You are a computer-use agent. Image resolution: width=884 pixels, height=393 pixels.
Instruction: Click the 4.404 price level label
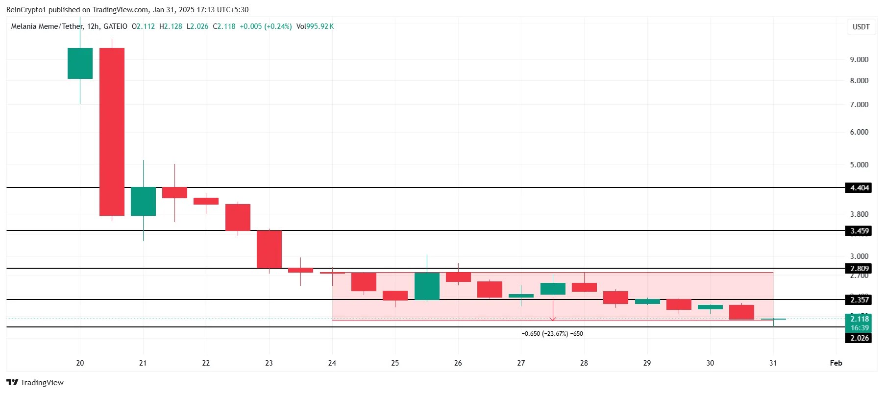point(859,188)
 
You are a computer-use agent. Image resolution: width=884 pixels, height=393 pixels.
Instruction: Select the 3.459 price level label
point(859,231)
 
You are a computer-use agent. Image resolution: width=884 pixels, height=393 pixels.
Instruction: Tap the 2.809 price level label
point(859,269)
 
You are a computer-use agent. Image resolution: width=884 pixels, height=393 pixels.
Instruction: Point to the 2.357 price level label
point(859,300)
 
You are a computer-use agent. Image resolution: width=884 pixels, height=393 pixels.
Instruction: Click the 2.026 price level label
point(859,338)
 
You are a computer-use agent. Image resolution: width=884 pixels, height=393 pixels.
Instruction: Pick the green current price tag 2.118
point(859,319)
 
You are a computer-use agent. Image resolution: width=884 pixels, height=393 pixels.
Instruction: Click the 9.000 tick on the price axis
point(859,60)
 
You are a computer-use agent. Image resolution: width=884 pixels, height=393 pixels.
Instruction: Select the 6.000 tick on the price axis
point(859,132)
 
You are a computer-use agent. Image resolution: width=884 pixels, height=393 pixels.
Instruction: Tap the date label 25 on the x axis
point(395,363)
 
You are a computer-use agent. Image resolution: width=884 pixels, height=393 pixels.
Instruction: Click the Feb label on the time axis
point(836,363)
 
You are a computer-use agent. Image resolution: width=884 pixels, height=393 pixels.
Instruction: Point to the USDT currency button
point(861,27)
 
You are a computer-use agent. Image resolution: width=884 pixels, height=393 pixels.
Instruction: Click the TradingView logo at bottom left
point(35,383)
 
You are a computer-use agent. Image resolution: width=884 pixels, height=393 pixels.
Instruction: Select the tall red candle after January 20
point(112,132)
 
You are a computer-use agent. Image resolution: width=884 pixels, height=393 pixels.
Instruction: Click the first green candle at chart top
point(80,63)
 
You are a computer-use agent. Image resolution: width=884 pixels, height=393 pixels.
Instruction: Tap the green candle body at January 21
point(143,201)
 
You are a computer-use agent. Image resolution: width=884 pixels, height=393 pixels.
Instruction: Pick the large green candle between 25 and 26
point(427,286)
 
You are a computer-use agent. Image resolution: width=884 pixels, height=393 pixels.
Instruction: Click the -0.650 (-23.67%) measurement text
point(552,334)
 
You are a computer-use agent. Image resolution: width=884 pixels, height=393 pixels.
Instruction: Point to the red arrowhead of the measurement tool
point(553,319)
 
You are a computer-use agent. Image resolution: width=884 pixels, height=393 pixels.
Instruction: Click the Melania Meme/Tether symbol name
point(47,26)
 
